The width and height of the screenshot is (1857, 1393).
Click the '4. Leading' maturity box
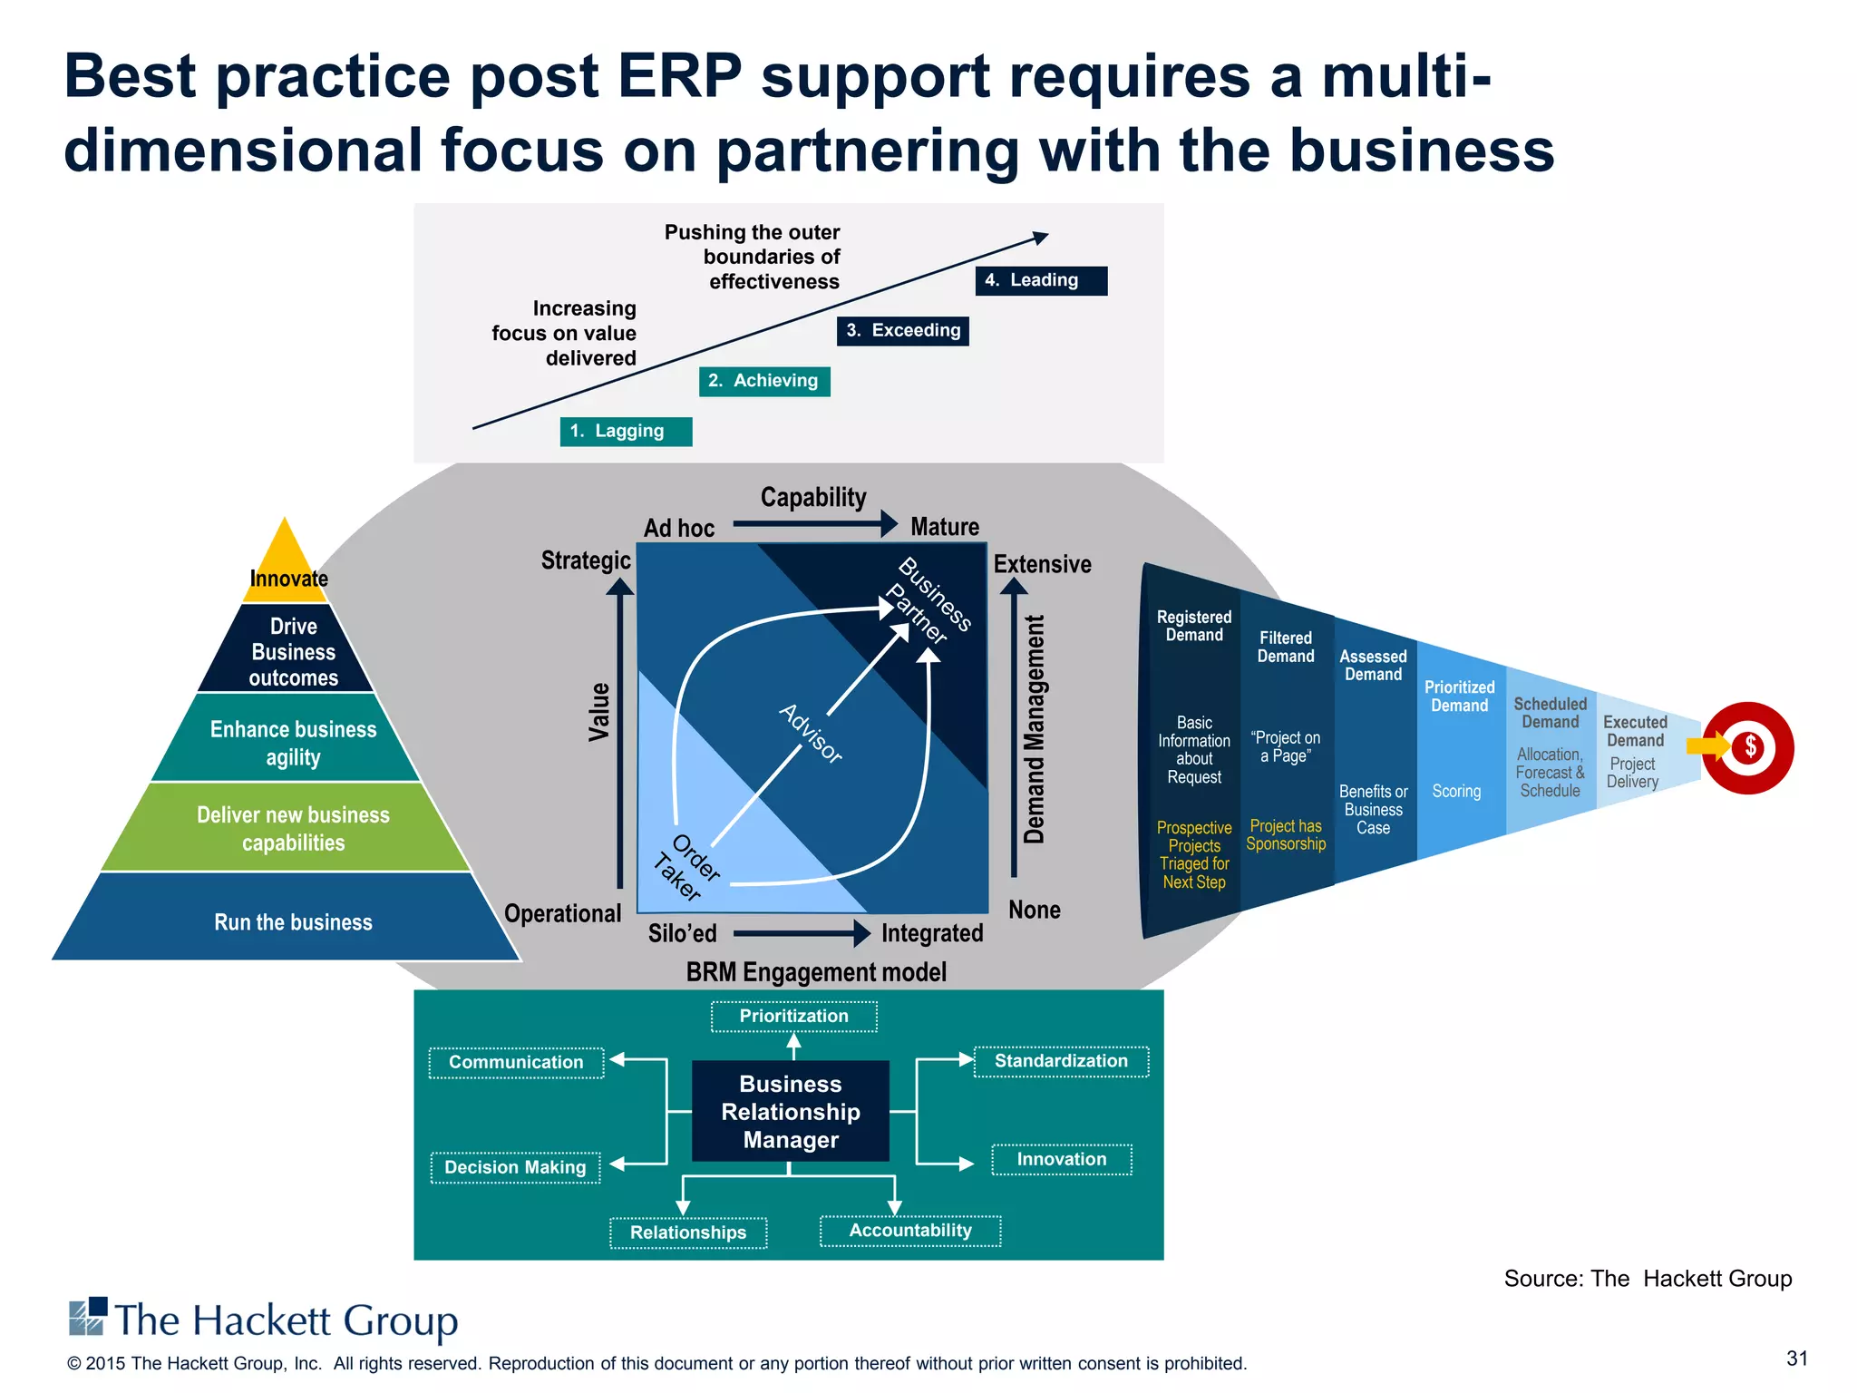coord(1041,280)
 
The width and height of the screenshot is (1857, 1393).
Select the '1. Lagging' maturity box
coord(626,432)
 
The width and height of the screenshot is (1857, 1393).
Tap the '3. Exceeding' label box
coord(902,331)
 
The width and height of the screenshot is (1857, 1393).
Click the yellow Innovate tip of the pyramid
coord(286,562)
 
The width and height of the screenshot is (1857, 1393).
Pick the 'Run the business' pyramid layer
coord(292,921)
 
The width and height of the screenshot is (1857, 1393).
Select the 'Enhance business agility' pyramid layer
coord(292,742)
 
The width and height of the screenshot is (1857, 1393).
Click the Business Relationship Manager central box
coord(790,1111)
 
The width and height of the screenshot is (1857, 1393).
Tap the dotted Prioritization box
coord(793,1017)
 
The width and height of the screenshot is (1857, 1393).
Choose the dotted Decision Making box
coord(515,1167)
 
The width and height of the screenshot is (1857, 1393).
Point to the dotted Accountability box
coord(909,1231)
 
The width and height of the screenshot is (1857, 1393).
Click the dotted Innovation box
coord(1061,1159)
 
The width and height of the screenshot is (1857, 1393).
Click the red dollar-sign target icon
coord(1747,747)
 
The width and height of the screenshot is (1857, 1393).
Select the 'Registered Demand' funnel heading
coord(1193,626)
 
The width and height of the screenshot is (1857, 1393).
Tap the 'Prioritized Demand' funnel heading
coord(1459,696)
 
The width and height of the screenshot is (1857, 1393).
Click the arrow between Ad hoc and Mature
coord(813,523)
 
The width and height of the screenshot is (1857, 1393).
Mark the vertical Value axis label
coord(599,712)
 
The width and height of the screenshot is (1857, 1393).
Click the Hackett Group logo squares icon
coord(88,1317)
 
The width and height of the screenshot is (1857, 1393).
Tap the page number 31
coord(1796,1359)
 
